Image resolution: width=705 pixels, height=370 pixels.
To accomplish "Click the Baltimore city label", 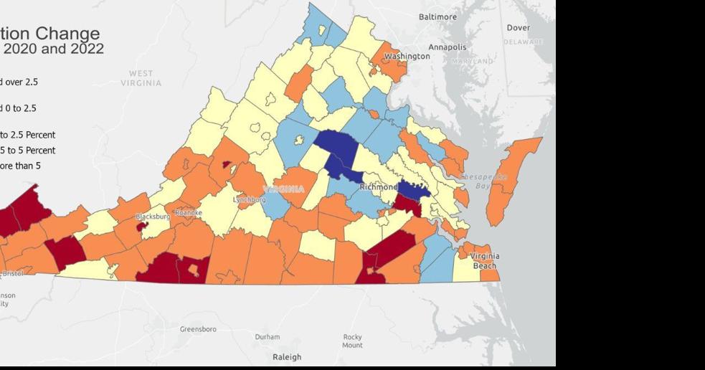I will click(437, 16).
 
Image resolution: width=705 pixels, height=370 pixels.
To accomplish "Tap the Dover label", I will click(519, 28).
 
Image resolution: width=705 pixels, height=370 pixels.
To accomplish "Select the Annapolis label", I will click(448, 47).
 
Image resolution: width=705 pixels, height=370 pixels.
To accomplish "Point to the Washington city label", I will click(407, 56).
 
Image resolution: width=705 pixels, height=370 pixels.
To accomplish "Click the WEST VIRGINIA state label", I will click(141, 78).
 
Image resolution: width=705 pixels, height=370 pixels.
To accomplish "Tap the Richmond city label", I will click(378, 187).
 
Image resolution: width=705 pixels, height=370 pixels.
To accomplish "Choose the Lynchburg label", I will click(250, 199).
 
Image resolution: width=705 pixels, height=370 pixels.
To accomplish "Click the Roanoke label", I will click(189, 212).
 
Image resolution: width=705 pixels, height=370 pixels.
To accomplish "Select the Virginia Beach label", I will click(485, 261).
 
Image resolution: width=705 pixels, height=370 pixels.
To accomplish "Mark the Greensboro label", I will click(198, 329).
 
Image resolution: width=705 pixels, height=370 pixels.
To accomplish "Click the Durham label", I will click(268, 336).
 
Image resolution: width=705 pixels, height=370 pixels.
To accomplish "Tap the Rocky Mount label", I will click(352, 341).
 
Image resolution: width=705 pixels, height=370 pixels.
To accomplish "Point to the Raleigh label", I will click(287, 356).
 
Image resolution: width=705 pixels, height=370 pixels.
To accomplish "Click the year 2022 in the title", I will click(85, 49).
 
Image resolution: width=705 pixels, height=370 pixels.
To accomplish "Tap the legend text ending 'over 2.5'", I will click(20, 82).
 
